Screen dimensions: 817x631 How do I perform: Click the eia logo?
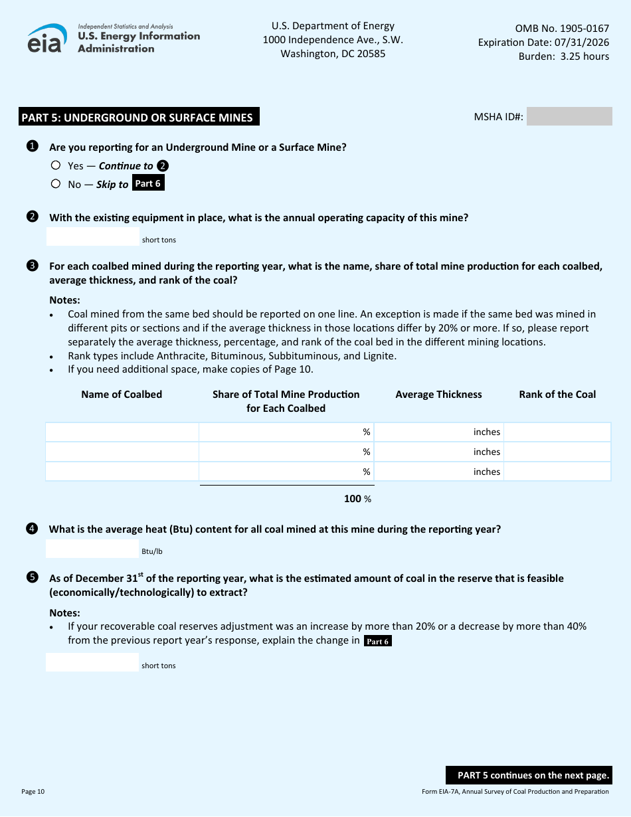click(x=47, y=39)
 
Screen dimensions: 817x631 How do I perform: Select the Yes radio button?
click(x=56, y=165)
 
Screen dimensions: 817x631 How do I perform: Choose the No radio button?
click(x=56, y=184)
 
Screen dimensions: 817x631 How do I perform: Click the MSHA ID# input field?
click(x=569, y=117)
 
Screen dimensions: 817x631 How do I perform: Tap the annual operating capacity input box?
click(x=92, y=236)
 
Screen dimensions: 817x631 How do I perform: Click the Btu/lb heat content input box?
click(x=92, y=549)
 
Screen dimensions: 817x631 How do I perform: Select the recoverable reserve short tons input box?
click(x=92, y=662)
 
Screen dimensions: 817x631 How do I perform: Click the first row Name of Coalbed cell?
click(x=122, y=432)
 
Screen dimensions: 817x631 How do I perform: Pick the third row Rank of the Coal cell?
click(x=557, y=472)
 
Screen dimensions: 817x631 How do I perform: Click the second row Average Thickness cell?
click(x=438, y=452)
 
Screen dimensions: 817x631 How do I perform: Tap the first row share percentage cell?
click(x=286, y=432)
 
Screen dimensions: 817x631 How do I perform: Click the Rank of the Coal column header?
click(x=557, y=395)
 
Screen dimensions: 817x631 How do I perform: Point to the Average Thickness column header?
click(x=438, y=395)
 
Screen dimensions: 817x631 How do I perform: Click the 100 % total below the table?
click(x=357, y=499)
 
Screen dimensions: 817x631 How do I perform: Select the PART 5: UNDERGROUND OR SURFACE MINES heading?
click(x=137, y=118)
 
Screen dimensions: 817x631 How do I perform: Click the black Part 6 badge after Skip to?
click(x=148, y=183)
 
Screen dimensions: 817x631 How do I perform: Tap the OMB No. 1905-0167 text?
click(x=562, y=29)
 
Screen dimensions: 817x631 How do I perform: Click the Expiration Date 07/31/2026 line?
click(x=543, y=43)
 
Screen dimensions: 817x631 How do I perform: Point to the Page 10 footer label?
click(x=33, y=791)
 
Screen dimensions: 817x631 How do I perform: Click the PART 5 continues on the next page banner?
click(x=529, y=775)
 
